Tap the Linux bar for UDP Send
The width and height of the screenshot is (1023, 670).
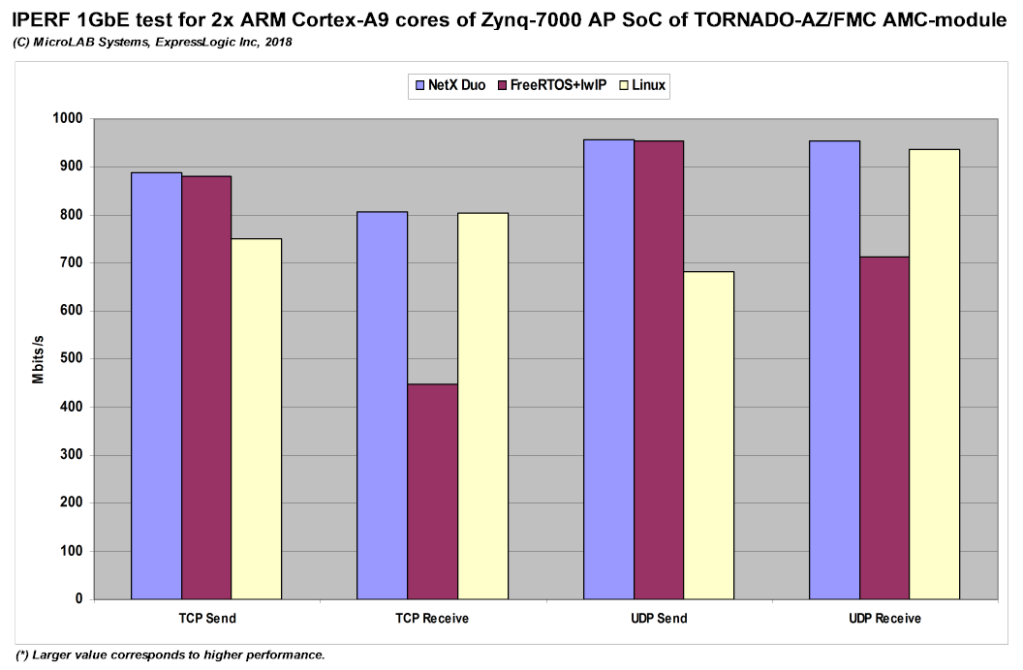[709, 435]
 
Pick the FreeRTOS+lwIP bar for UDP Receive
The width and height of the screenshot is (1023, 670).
[884, 427]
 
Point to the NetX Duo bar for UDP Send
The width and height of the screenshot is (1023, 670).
[608, 369]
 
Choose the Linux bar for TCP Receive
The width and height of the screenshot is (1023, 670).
[482, 406]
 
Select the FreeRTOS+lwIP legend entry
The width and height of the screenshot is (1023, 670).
[551, 86]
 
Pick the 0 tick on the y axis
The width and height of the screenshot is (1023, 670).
[78, 599]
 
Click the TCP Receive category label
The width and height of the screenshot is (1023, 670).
[432, 618]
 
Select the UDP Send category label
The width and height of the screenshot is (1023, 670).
[659, 618]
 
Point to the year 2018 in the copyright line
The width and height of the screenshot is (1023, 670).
[277, 43]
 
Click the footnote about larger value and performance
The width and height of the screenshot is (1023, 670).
[170, 655]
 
